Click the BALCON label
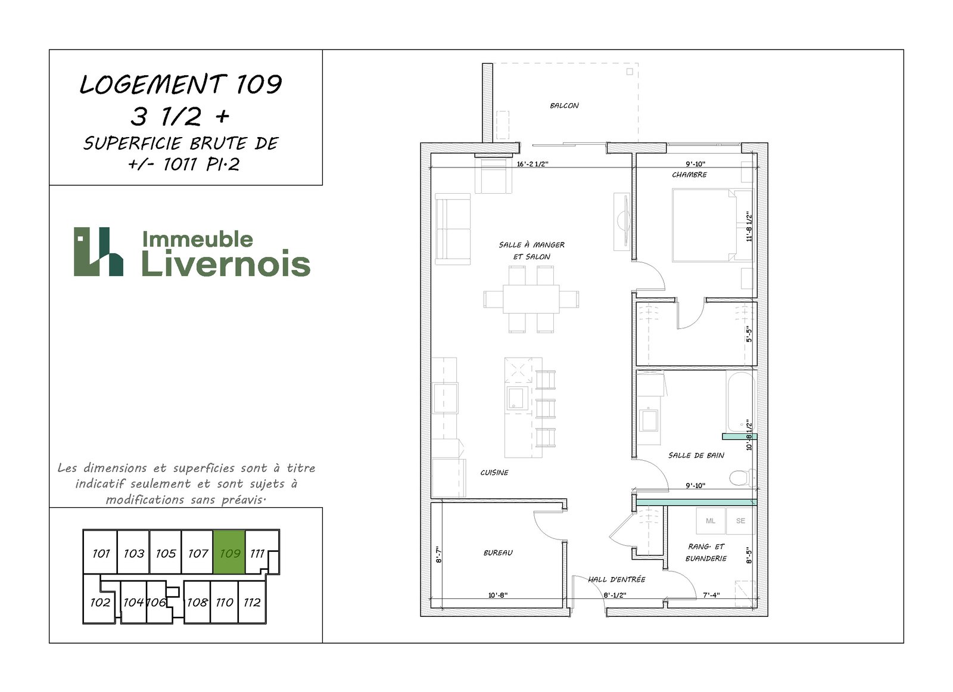(564, 105)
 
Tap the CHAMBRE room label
(689, 175)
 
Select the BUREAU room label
(498, 553)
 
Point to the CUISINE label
(494, 472)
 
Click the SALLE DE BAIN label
(696, 455)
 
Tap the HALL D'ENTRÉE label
(616, 579)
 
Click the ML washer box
(711, 521)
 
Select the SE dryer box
(740, 521)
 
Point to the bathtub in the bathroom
(741, 402)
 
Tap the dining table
(531, 299)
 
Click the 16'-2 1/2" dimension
(532, 164)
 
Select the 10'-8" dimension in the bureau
(498, 595)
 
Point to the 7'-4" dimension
(711, 595)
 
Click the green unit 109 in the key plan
(229, 552)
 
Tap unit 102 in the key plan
(99, 601)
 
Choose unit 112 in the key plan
(252, 602)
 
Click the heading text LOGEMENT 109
(181, 84)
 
